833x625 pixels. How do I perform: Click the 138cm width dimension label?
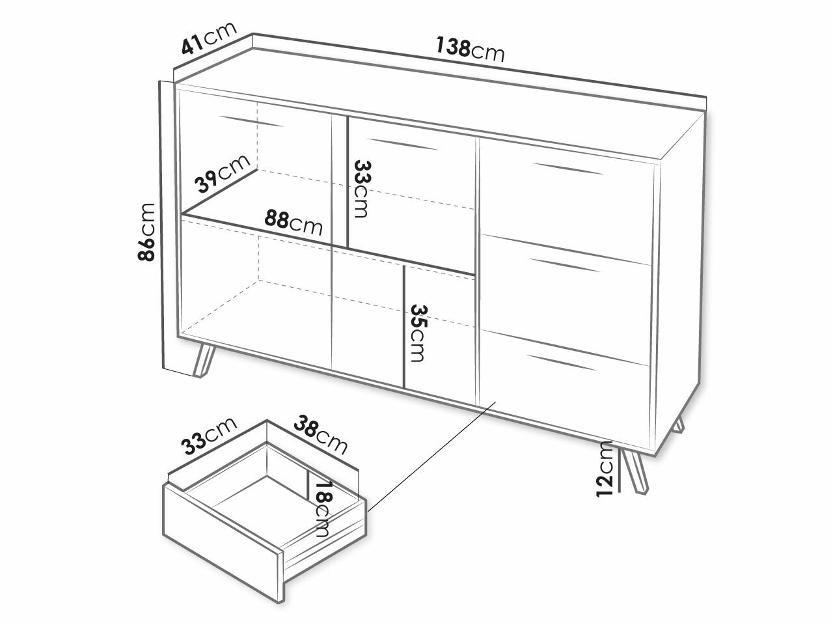point(471,49)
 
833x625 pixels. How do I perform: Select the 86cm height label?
point(146,232)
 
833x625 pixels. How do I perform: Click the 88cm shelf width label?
point(294,223)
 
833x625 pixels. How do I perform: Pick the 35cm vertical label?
point(419,333)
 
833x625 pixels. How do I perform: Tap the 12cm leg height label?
point(605,469)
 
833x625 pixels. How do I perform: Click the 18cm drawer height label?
point(324,509)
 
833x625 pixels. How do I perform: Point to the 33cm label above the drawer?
point(209,436)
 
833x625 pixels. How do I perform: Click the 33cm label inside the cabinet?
point(362,189)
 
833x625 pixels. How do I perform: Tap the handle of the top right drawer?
point(567,169)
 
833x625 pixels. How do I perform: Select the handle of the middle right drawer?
point(565,265)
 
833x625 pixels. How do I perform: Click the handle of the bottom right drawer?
point(562,363)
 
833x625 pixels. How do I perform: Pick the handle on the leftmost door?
point(251,121)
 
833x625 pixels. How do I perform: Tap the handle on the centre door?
point(403,144)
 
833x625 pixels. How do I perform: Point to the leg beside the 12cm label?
point(635,472)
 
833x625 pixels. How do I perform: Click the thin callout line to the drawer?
point(432,457)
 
